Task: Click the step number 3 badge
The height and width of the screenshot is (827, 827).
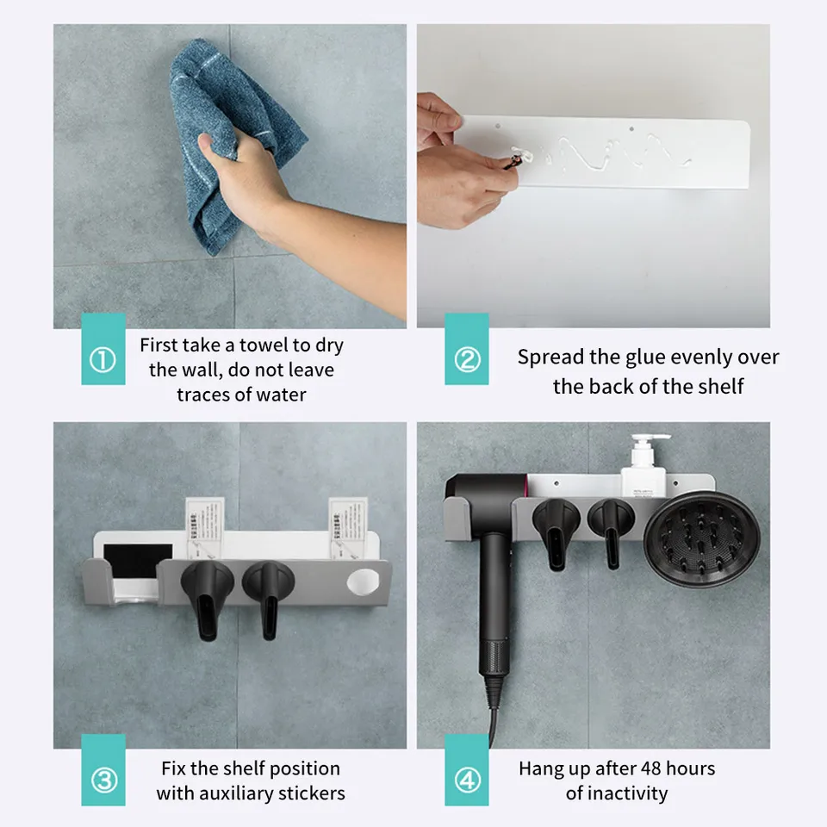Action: pos(103,781)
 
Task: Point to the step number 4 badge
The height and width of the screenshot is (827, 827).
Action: pos(466,781)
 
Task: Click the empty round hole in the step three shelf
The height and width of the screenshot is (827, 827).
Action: pos(363,581)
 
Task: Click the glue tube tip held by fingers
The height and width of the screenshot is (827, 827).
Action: pos(515,157)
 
